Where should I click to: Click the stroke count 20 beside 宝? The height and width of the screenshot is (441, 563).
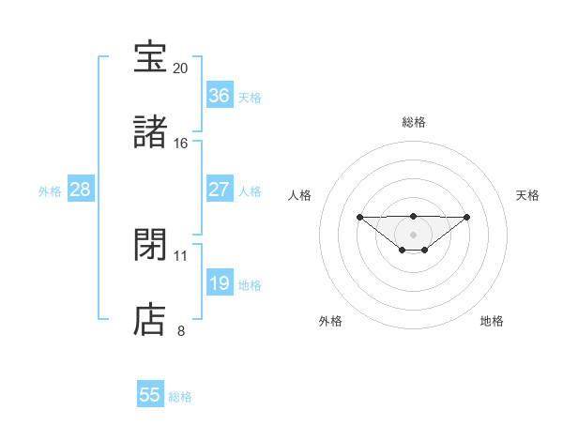tap(181, 68)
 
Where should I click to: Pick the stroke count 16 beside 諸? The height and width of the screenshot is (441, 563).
tap(181, 144)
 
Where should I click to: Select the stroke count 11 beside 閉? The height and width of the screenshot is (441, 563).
tap(181, 255)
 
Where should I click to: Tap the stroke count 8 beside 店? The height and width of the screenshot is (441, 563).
tap(181, 330)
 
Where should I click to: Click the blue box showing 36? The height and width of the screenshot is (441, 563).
tap(219, 96)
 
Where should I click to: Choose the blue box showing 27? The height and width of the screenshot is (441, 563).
tap(219, 190)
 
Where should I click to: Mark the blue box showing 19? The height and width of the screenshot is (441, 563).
tap(219, 283)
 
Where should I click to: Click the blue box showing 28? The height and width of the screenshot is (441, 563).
tap(81, 190)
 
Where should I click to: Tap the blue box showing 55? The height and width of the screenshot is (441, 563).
tap(150, 395)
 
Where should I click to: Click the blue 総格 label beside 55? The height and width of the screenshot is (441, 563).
tap(180, 397)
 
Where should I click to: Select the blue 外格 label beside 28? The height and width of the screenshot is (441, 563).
tap(50, 191)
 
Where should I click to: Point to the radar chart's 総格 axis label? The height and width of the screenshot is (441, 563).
tap(413, 122)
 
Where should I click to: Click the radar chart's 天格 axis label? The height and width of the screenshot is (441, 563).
tap(527, 195)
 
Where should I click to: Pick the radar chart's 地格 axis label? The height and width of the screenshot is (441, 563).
tap(492, 321)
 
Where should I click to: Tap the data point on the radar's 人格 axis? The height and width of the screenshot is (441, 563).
tap(359, 217)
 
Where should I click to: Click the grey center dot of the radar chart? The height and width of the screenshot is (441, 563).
tap(413, 234)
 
